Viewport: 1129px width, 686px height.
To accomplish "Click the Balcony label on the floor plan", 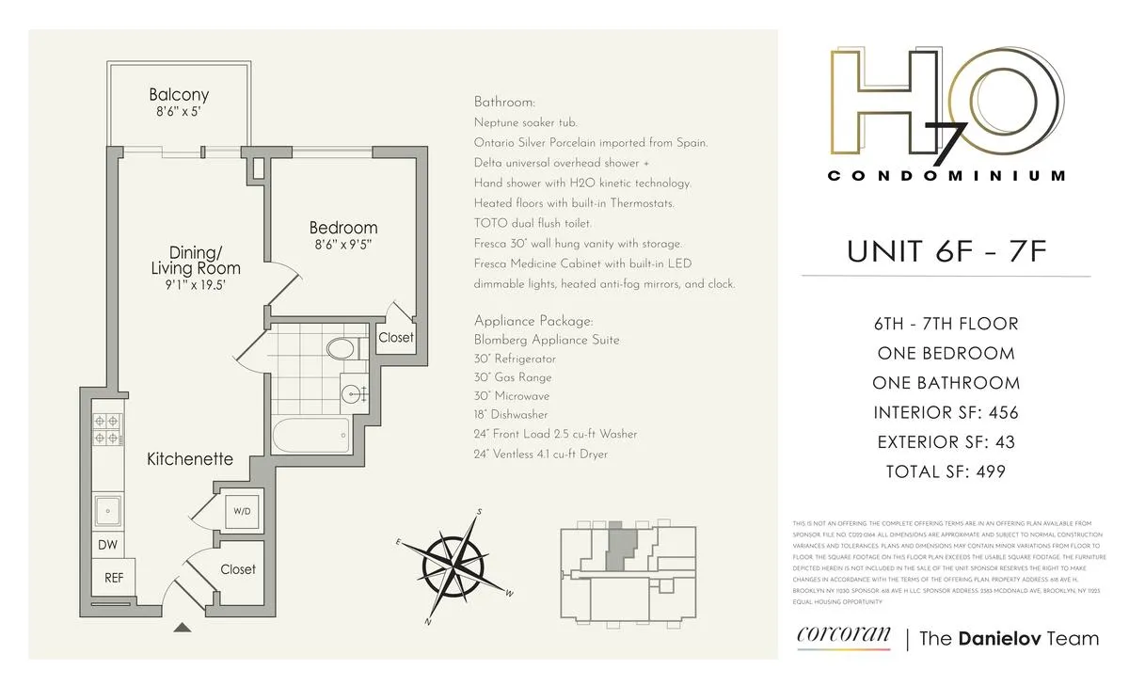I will pyautogui.click(x=179, y=95).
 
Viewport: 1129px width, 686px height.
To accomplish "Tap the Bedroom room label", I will pyautogui.click(x=343, y=228).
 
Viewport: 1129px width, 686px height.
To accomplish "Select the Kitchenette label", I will pyautogui.click(x=190, y=459).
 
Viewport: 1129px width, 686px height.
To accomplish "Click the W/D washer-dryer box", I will pyautogui.click(x=242, y=511).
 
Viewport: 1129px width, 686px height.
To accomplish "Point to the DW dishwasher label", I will pyautogui.click(x=107, y=544).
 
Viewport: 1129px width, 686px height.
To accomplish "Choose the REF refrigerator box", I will pyautogui.click(x=113, y=577).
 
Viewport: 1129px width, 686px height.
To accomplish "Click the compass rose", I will pyautogui.click(x=454, y=566).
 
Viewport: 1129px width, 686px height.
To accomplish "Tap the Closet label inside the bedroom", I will pyautogui.click(x=396, y=337).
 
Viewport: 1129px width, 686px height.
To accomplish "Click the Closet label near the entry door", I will pyautogui.click(x=238, y=569).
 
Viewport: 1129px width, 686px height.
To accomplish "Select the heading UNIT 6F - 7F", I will pyautogui.click(x=946, y=251).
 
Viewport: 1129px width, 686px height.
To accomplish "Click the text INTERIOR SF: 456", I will pyautogui.click(x=946, y=412).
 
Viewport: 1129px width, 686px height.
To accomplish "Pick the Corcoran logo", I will pyautogui.click(x=842, y=637).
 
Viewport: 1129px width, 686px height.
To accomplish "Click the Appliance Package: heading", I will pyautogui.click(x=533, y=320).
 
